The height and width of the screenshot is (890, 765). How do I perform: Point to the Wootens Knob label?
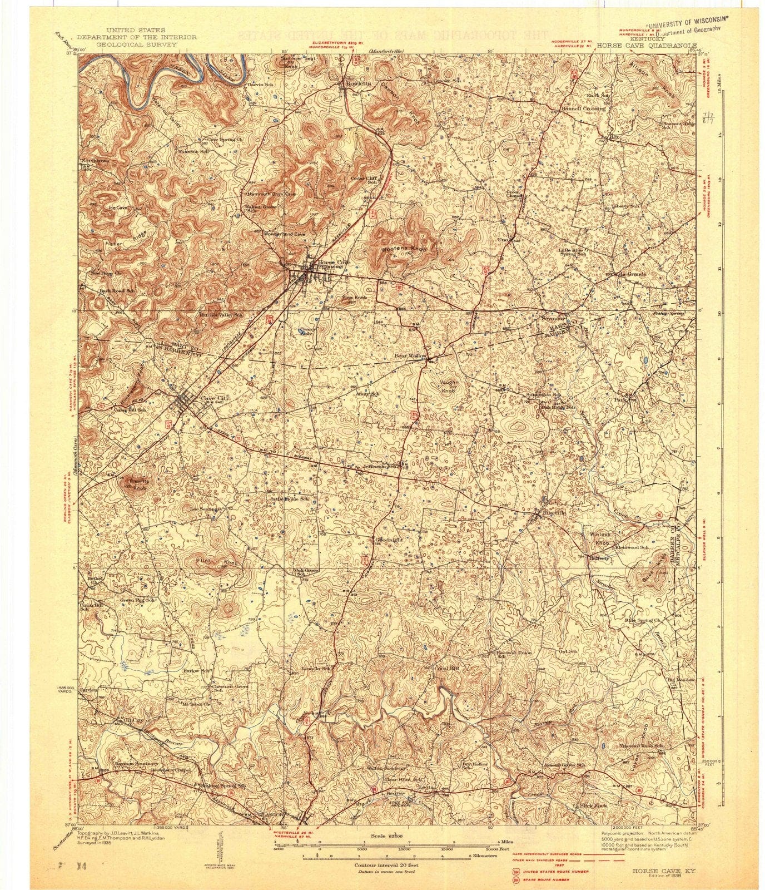click(x=404, y=249)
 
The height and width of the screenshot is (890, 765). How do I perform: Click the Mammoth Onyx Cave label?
click(x=270, y=194)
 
